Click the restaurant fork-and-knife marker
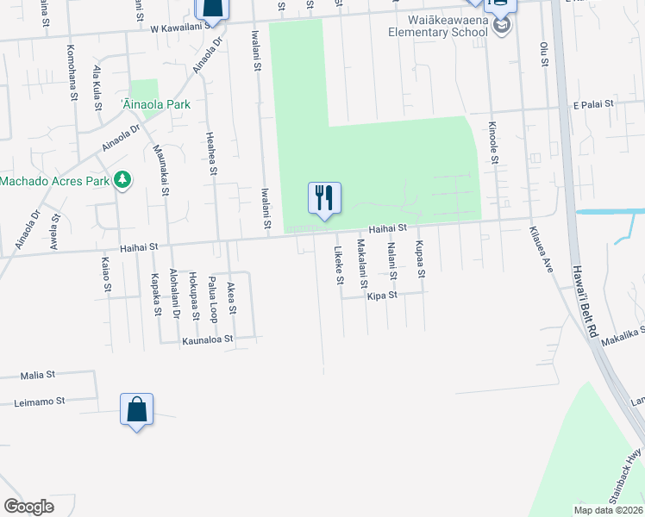(x=324, y=199)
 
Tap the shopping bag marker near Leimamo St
(x=138, y=410)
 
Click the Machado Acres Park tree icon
(x=123, y=179)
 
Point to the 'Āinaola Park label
(x=156, y=104)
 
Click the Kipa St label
(x=381, y=295)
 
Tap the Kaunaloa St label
(x=207, y=339)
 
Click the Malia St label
(x=38, y=375)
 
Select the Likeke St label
(x=340, y=266)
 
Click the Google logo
(x=28, y=506)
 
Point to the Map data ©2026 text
(x=609, y=510)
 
